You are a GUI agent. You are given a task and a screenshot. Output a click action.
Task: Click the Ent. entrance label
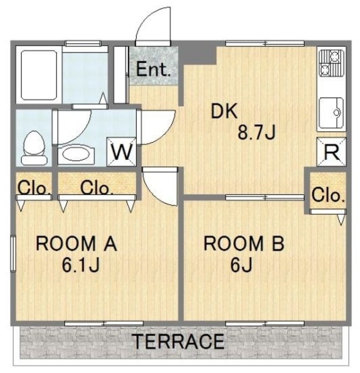tap(153, 69)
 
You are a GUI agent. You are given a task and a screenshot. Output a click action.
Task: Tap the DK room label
tap(224, 111)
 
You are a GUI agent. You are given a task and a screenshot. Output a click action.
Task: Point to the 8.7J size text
tap(256, 132)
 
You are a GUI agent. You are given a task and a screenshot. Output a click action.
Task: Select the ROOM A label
tap(76, 243)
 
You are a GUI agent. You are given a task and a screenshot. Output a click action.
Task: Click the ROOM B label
tap(244, 243)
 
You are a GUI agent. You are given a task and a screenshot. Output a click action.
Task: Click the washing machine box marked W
tap(122, 152)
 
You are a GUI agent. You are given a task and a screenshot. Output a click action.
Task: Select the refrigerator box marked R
tap(331, 152)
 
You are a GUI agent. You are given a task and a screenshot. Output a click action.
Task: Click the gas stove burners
tap(331, 63)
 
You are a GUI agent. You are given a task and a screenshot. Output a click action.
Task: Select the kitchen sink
tap(331, 112)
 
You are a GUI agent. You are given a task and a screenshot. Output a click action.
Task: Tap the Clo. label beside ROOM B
tap(328, 195)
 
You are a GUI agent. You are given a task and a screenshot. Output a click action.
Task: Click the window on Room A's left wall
tap(13, 253)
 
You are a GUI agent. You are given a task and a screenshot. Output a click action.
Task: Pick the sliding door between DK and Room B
tap(265, 197)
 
